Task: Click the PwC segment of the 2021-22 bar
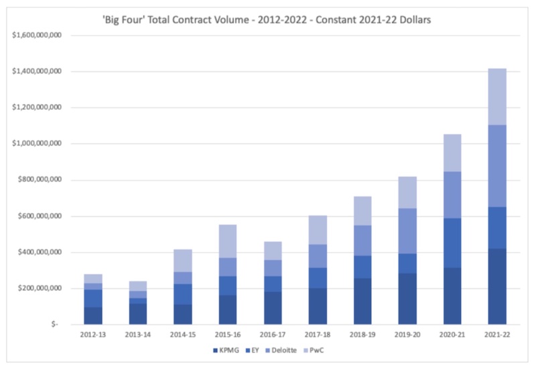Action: click(x=496, y=97)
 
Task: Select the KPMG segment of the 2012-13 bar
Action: click(x=93, y=316)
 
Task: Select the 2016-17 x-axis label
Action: click(x=271, y=334)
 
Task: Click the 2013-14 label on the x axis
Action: click(x=137, y=334)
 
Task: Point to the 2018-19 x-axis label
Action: click(x=361, y=334)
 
